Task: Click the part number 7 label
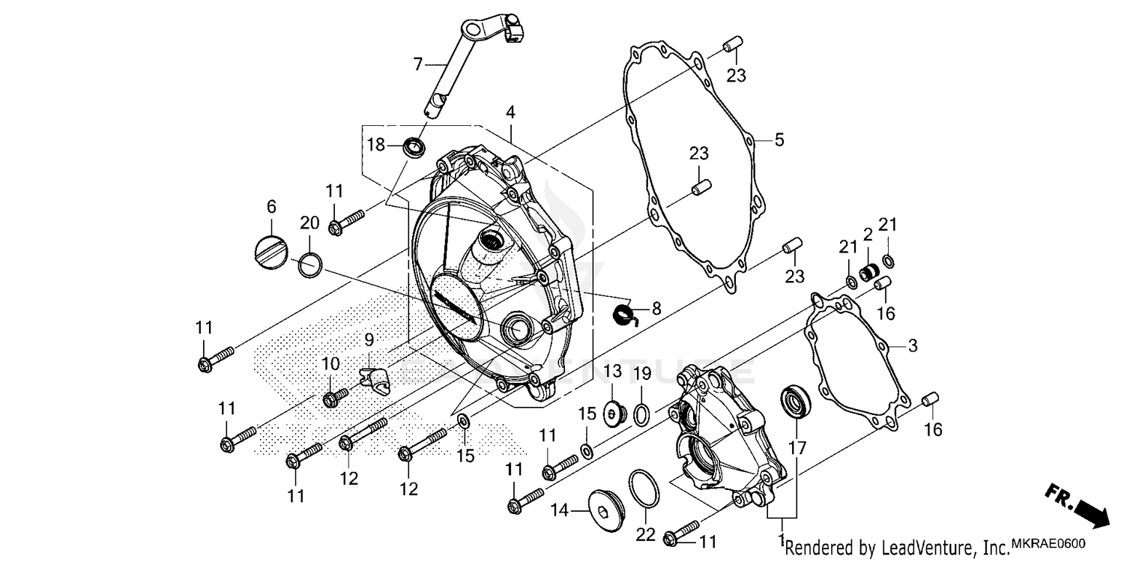(418, 64)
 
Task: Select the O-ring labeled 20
(311, 265)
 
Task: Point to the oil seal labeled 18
(413, 145)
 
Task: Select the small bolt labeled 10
(334, 397)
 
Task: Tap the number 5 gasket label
(779, 139)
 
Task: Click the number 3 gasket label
(912, 345)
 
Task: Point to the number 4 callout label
(510, 113)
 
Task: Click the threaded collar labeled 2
(868, 271)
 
